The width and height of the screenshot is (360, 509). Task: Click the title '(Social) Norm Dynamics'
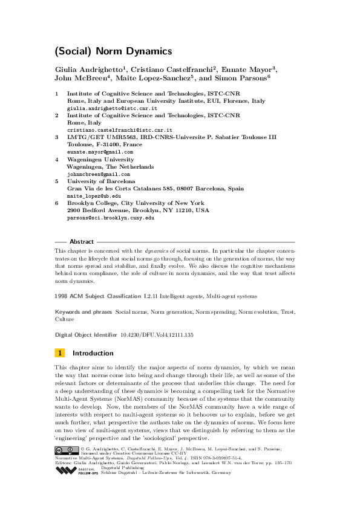tap(113, 51)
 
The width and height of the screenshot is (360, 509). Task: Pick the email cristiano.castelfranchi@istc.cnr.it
tap(119, 130)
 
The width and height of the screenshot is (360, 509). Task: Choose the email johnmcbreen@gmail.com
tap(98, 173)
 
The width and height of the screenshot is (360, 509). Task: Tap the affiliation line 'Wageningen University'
tap(100, 159)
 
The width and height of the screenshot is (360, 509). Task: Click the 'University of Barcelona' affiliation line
tap(101, 181)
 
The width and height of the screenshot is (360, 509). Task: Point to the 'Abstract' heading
tap(82, 241)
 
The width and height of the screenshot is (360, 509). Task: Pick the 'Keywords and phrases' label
tap(83, 312)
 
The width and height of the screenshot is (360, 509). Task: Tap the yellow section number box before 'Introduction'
tap(59, 353)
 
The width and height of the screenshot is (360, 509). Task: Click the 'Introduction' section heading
tap(93, 353)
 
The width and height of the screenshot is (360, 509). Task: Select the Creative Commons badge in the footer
tap(67, 450)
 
